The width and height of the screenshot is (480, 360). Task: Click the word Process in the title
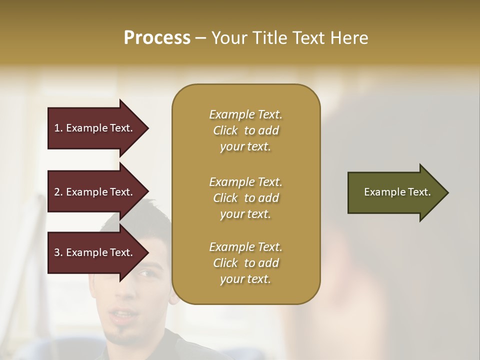pyautogui.click(x=157, y=38)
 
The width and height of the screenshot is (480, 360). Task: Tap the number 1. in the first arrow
pyautogui.click(x=58, y=128)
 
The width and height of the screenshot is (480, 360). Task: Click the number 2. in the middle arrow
pyautogui.click(x=58, y=192)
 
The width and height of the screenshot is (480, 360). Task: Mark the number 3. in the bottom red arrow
pyautogui.click(x=58, y=252)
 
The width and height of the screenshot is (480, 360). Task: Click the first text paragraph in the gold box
pyautogui.click(x=245, y=130)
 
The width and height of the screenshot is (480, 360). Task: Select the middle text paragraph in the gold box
pyautogui.click(x=245, y=198)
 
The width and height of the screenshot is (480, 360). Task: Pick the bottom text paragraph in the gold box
pyautogui.click(x=245, y=263)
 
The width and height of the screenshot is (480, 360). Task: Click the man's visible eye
pyautogui.click(x=145, y=273)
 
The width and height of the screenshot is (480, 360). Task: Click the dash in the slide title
pyautogui.click(x=201, y=38)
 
